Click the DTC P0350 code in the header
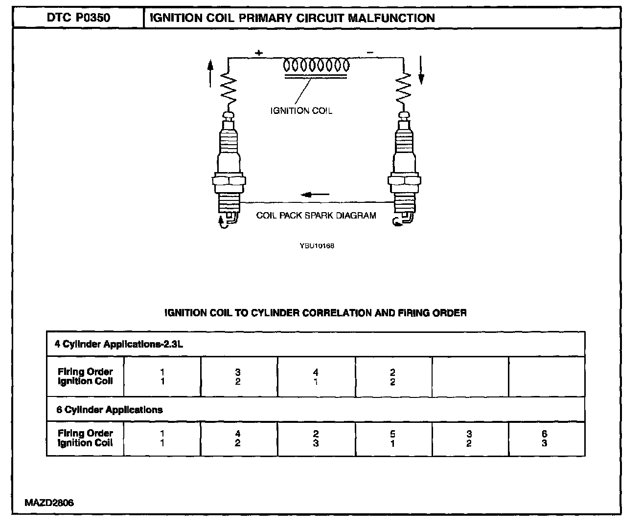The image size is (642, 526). coord(78,19)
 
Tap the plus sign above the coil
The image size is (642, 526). coord(258,52)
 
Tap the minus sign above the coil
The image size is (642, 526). coord(370,52)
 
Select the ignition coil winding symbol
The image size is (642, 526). coord(317,66)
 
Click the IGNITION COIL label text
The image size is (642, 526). coord(301,111)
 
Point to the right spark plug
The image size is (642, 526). coord(404,166)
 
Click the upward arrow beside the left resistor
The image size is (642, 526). coord(210,73)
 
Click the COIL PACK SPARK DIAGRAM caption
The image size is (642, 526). coord(316,216)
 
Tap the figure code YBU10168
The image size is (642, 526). coord(317,246)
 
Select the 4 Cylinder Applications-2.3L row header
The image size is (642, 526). coord(119,344)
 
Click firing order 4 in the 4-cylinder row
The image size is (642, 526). coord(316,373)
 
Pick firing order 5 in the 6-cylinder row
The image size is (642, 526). coord(392,434)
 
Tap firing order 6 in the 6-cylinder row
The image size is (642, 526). coord(544,434)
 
